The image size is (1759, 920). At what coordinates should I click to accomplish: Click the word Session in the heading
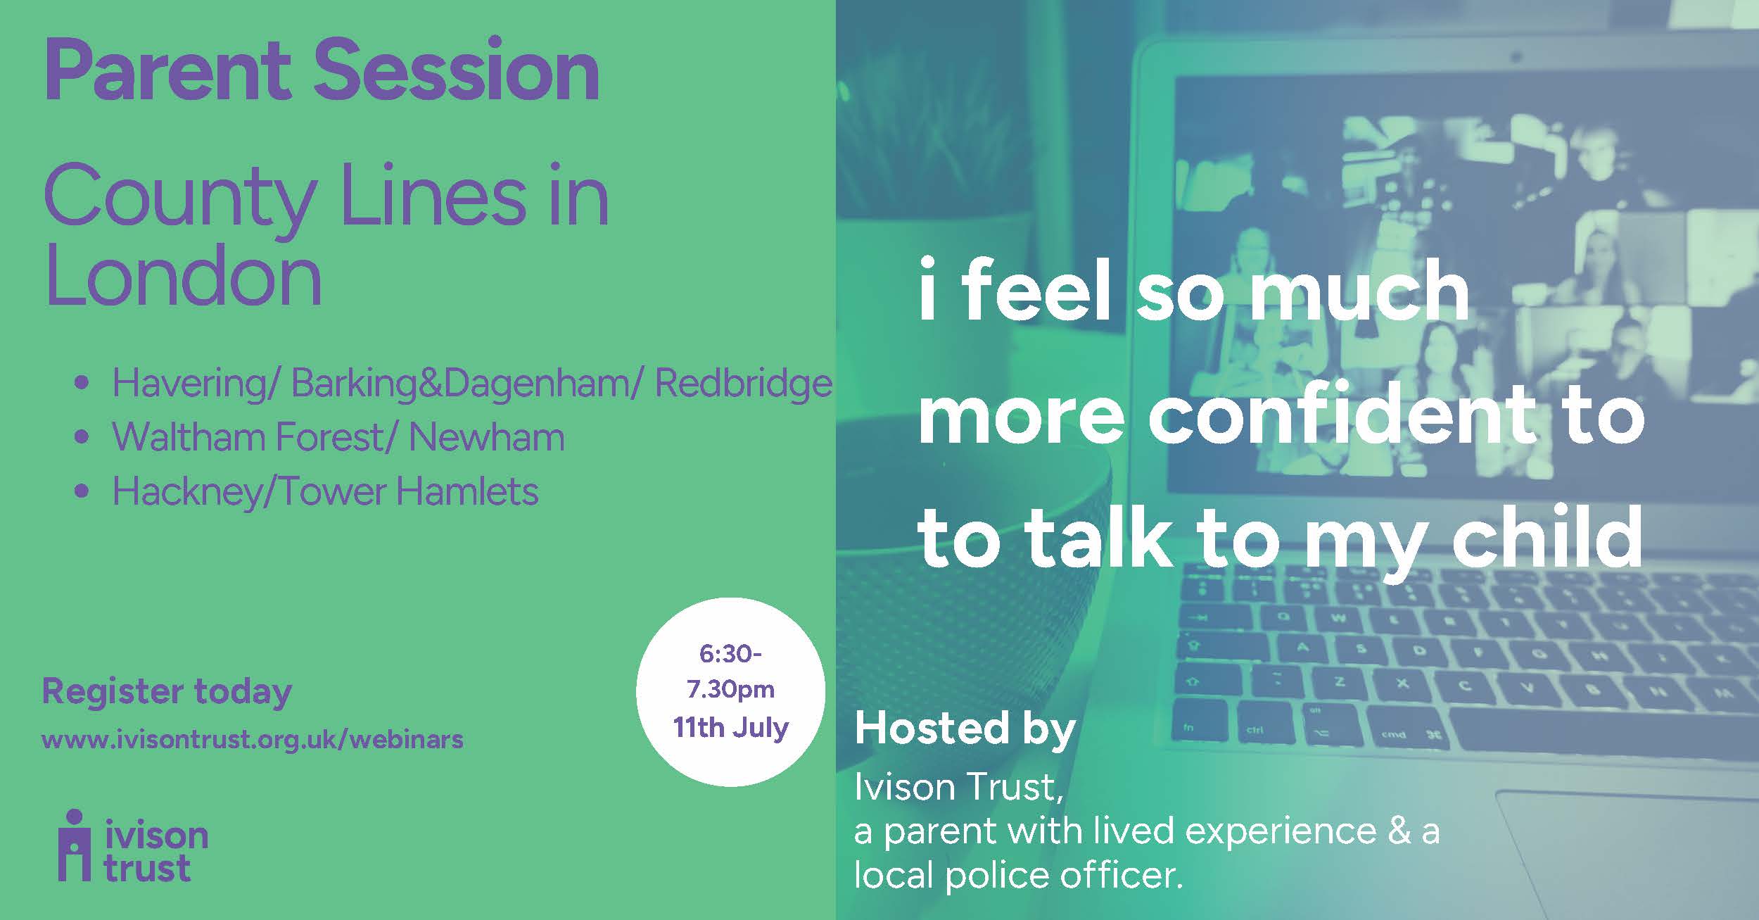click(x=457, y=70)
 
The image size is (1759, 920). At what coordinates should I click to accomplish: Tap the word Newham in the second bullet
click(x=486, y=437)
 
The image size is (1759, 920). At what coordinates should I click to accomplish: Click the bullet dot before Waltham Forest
click(x=82, y=437)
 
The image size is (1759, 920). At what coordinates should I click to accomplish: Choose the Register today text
click(x=167, y=692)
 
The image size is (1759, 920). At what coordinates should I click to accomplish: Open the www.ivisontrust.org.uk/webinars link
click(x=253, y=740)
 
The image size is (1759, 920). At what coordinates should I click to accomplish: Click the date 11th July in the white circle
click(x=730, y=727)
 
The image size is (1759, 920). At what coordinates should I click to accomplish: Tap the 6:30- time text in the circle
click(x=730, y=654)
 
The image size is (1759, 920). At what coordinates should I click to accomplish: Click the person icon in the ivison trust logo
click(x=74, y=845)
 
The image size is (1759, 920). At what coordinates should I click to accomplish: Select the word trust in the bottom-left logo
click(x=147, y=869)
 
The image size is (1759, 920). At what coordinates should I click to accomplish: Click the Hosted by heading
click(x=965, y=730)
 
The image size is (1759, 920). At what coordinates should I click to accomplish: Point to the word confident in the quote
click(x=1341, y=415)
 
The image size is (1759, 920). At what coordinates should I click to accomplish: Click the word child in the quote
click(x=1547, y=536)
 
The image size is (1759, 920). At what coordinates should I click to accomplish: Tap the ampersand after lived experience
click(x=1398, y=831)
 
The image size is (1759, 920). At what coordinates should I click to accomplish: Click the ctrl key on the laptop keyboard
click(x=1256, y=730)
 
